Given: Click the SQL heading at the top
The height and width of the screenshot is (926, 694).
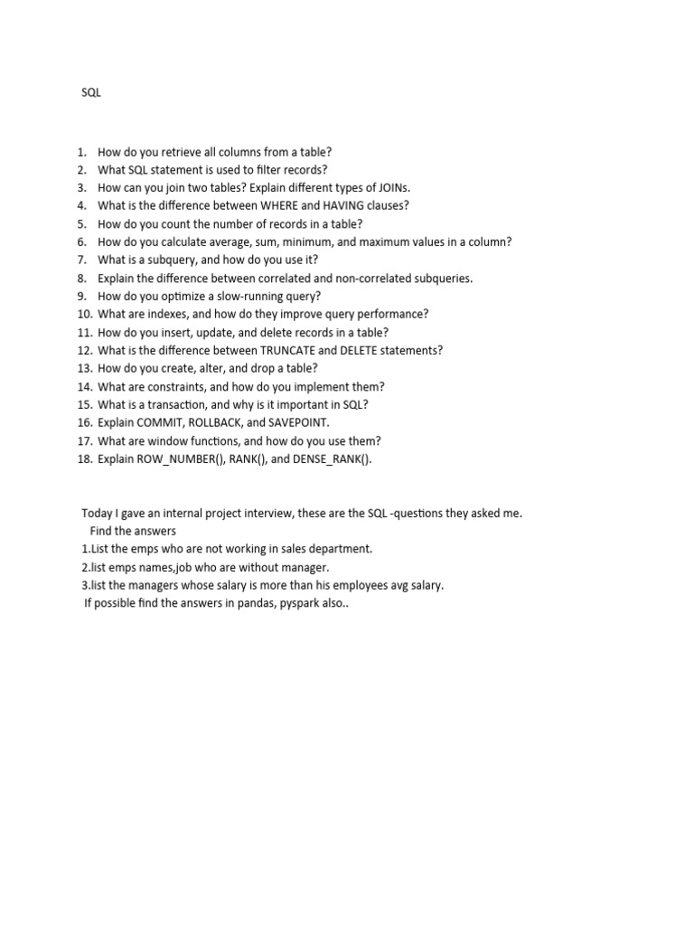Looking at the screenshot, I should tap(91, 92).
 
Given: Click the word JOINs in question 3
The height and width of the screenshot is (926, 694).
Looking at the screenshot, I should tap(390, 187).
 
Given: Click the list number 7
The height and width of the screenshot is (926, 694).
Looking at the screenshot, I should tap(81, 260).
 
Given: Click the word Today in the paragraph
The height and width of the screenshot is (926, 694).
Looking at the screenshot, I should tap(97, 513).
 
